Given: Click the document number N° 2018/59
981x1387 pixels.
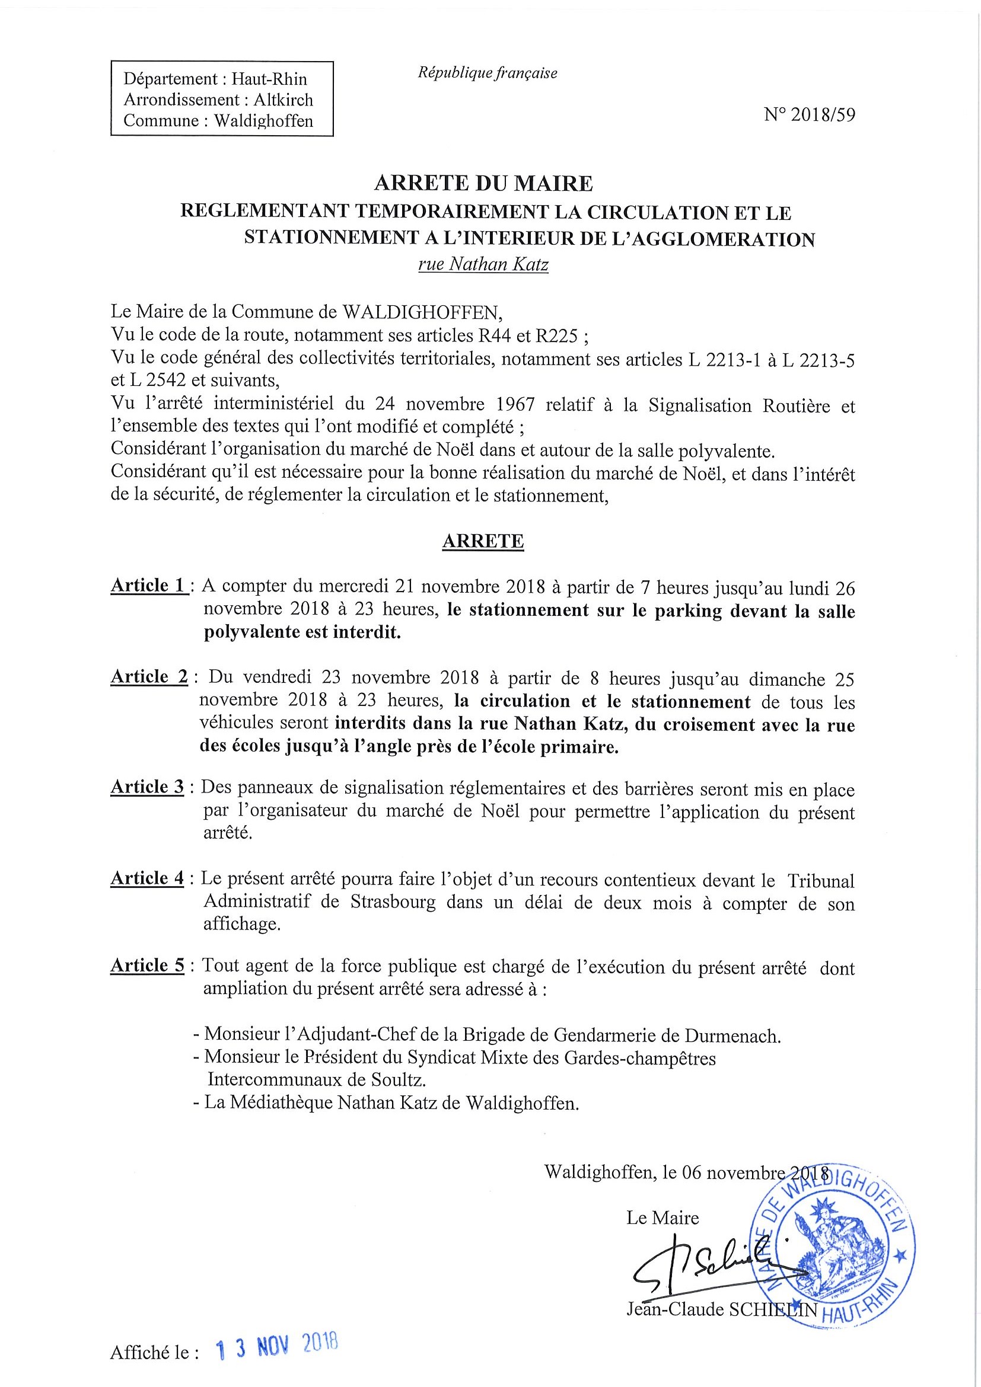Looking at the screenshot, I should point(810,115).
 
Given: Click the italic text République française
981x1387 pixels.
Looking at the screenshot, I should point(487,73).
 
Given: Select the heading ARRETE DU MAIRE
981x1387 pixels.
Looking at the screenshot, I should point(483,183).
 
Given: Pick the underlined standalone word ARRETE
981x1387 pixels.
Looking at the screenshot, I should point(483,541).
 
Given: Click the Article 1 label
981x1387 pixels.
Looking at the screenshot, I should point(148,586).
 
